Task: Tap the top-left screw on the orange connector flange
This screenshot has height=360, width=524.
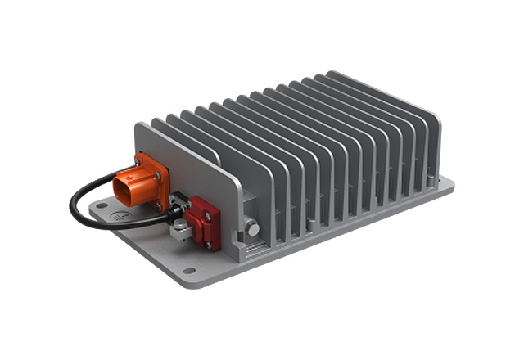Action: tap(136, 159)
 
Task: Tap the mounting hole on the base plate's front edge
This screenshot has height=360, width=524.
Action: tap(190, 270)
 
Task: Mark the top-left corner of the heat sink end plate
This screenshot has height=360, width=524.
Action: tap(135, 121)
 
